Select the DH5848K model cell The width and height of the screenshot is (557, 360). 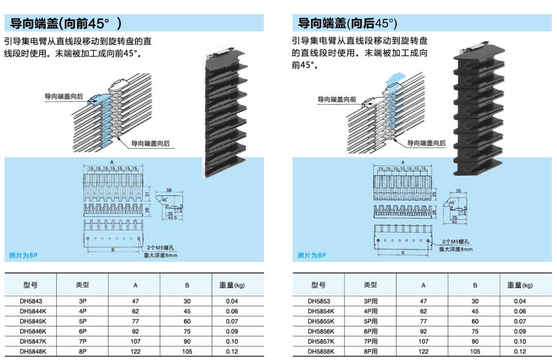(x=33, y=351)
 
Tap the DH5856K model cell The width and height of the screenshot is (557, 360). (x=321, y=331)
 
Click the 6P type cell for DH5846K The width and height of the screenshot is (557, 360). (x=82, y=331)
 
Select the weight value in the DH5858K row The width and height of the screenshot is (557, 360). (x=520, y=351)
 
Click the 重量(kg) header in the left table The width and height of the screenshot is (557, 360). (x=232, y=285)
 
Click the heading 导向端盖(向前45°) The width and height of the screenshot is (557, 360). (x=66, y=23)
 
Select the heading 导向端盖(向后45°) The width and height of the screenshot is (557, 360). (x=347, y=23)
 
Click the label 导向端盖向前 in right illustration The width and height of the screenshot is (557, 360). (x=337, y=100)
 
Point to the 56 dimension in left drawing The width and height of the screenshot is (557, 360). (x=169, y=190)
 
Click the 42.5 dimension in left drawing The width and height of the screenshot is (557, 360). (x=173, y=218)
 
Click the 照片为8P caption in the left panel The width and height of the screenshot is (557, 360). (x=23, y=255)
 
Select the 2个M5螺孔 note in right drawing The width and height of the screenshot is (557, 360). (x=455, y=243)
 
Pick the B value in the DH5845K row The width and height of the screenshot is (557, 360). (x=187, y=321)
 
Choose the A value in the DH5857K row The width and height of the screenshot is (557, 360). (x=423, y=341)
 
